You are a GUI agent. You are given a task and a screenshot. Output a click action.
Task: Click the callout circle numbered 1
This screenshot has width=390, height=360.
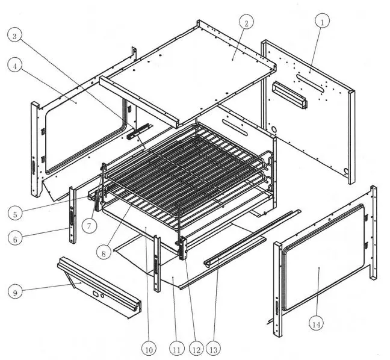coord(323,22)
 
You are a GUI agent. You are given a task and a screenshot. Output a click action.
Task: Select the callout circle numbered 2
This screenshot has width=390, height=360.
coord(244,23)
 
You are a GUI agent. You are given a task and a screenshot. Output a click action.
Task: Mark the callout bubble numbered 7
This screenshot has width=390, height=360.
coord(88,226)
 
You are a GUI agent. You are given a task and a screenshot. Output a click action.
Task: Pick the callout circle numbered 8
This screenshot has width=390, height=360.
coord(105,253)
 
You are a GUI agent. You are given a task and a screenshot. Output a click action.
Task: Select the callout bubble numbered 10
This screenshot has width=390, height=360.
coord(149,348)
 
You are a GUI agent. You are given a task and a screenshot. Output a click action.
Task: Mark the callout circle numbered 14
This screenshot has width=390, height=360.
coord(317,324)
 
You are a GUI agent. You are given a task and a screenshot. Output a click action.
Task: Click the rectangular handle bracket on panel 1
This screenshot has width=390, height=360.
coord(289,95)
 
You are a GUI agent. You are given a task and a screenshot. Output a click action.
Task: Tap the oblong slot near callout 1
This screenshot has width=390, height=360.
coord(310,79)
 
